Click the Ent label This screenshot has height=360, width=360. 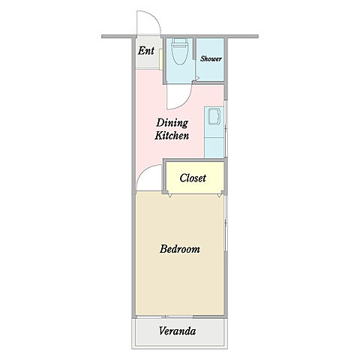click(x=146, y=51)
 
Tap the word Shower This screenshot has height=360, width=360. click(x=211, y=58)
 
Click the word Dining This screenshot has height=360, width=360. click(x=172, y=123)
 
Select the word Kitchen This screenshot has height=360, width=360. click(x=172, y=136)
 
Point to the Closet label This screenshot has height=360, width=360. click(x=193, y=178)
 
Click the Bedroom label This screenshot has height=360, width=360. click(x=180, y=249)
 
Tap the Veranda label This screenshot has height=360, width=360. click(x=177, y=331)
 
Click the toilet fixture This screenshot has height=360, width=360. click(x=179, y=52)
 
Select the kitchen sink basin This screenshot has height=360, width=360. click(x=214, y=116)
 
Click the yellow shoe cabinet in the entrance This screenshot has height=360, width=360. click(x=160, y=59)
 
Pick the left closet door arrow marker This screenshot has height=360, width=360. click(x=170, y=196)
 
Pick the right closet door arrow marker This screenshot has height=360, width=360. click(x=220, y=196)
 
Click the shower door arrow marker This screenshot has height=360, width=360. click(x=197, y=78)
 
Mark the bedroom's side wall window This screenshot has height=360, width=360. click(x=226, y=223)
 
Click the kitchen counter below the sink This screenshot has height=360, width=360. click(x=214, y=148)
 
